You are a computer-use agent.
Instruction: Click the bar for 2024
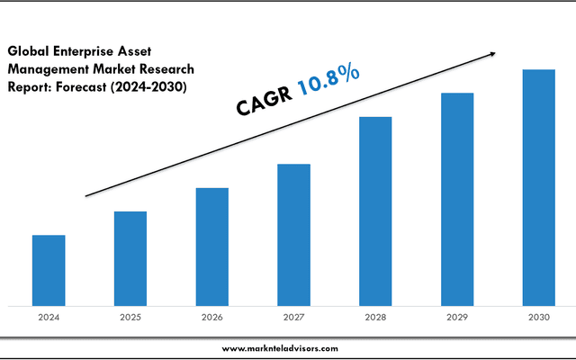49,270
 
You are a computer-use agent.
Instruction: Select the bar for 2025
130,258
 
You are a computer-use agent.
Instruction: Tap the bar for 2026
211,247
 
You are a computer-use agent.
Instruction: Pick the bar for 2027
293,235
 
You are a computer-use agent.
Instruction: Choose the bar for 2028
375,211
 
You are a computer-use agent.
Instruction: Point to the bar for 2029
457,199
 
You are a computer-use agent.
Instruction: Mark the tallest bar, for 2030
539,187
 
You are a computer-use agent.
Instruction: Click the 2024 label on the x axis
49,318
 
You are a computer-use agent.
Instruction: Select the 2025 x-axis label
130,318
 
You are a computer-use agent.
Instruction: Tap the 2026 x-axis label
211,318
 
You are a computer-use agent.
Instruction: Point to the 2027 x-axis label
293,318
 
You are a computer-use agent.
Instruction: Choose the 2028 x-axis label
375,318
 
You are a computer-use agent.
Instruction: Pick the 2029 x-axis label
457,318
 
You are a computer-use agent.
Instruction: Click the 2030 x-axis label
539,318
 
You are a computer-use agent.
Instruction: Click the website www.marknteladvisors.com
280,348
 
